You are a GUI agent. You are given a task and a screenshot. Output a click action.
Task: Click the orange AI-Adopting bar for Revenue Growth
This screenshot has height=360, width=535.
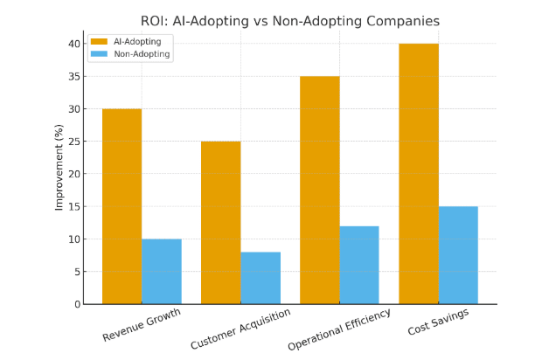point(122,206)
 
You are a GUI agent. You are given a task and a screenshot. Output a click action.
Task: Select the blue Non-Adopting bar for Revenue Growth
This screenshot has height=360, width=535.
point(162,271)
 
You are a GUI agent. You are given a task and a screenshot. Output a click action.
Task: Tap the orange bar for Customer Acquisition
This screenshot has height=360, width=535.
point(220,223)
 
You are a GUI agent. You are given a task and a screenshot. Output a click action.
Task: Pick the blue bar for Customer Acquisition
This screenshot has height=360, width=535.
point(261,278)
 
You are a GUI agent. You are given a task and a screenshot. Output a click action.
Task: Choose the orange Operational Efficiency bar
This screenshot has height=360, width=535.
point(319,190)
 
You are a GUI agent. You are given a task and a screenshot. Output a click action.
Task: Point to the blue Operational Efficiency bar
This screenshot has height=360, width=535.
point(359,265)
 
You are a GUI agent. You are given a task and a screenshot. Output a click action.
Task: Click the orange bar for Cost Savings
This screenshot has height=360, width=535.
point(418,174)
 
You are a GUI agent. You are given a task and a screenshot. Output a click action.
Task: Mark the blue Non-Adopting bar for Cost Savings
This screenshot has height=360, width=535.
point(458,255)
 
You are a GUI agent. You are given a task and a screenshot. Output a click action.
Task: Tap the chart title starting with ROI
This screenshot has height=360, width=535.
point(290,21)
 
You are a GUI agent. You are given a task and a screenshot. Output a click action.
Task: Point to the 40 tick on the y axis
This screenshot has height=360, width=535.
point(74,44)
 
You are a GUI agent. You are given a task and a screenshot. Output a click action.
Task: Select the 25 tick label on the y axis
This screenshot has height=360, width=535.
point(74,142)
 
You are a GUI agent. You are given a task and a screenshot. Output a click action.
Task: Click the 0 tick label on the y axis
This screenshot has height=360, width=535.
point(78,304)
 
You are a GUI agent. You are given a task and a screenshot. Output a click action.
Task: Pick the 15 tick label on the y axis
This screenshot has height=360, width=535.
point(74,206)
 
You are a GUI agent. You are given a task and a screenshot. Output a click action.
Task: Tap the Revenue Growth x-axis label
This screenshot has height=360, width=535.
point(141,324)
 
